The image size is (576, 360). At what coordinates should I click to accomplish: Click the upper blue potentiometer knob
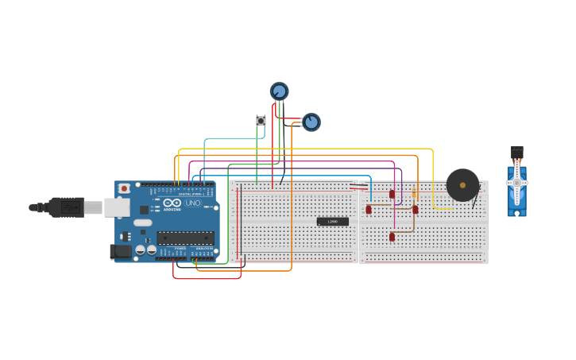[279, 91]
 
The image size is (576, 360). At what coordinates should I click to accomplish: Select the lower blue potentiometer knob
[311, 122]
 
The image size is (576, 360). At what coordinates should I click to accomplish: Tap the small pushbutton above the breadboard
[261, 121]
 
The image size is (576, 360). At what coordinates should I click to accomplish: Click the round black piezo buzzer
[462, 185]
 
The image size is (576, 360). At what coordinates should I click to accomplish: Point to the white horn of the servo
[517, 182]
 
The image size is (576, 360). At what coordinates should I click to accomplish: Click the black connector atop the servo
[517, 150]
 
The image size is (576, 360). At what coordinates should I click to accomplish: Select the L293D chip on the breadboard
[332, 221]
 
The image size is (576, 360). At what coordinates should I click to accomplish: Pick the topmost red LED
[392, 194]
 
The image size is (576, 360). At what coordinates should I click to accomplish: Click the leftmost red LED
[369, 210]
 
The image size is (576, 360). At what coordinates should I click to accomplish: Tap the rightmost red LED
[415, 210]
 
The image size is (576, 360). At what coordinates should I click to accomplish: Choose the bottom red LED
[392, 237]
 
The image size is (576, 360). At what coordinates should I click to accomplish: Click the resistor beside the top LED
[414, 193]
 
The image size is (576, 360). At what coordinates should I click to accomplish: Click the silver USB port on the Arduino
[117, 207]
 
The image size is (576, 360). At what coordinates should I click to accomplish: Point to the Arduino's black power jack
[118, 251]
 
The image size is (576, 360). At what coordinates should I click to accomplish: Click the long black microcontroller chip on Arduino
[185, 238]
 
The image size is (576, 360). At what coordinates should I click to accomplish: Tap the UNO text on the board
[192, 203]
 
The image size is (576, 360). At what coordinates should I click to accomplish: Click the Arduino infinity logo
[172, 203]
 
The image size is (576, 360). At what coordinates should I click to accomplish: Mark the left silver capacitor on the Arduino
[141, 250]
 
